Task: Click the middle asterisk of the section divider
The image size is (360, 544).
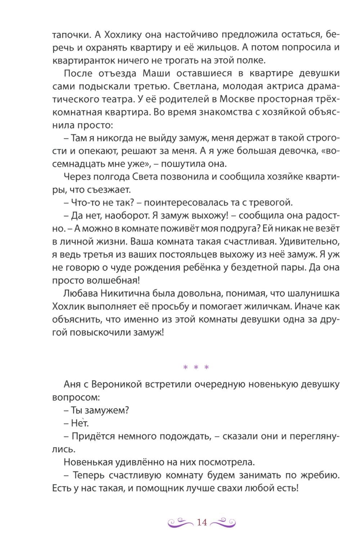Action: point(196,368)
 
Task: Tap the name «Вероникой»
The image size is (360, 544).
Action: point(115,385)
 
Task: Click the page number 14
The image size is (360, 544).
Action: point(202,522)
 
